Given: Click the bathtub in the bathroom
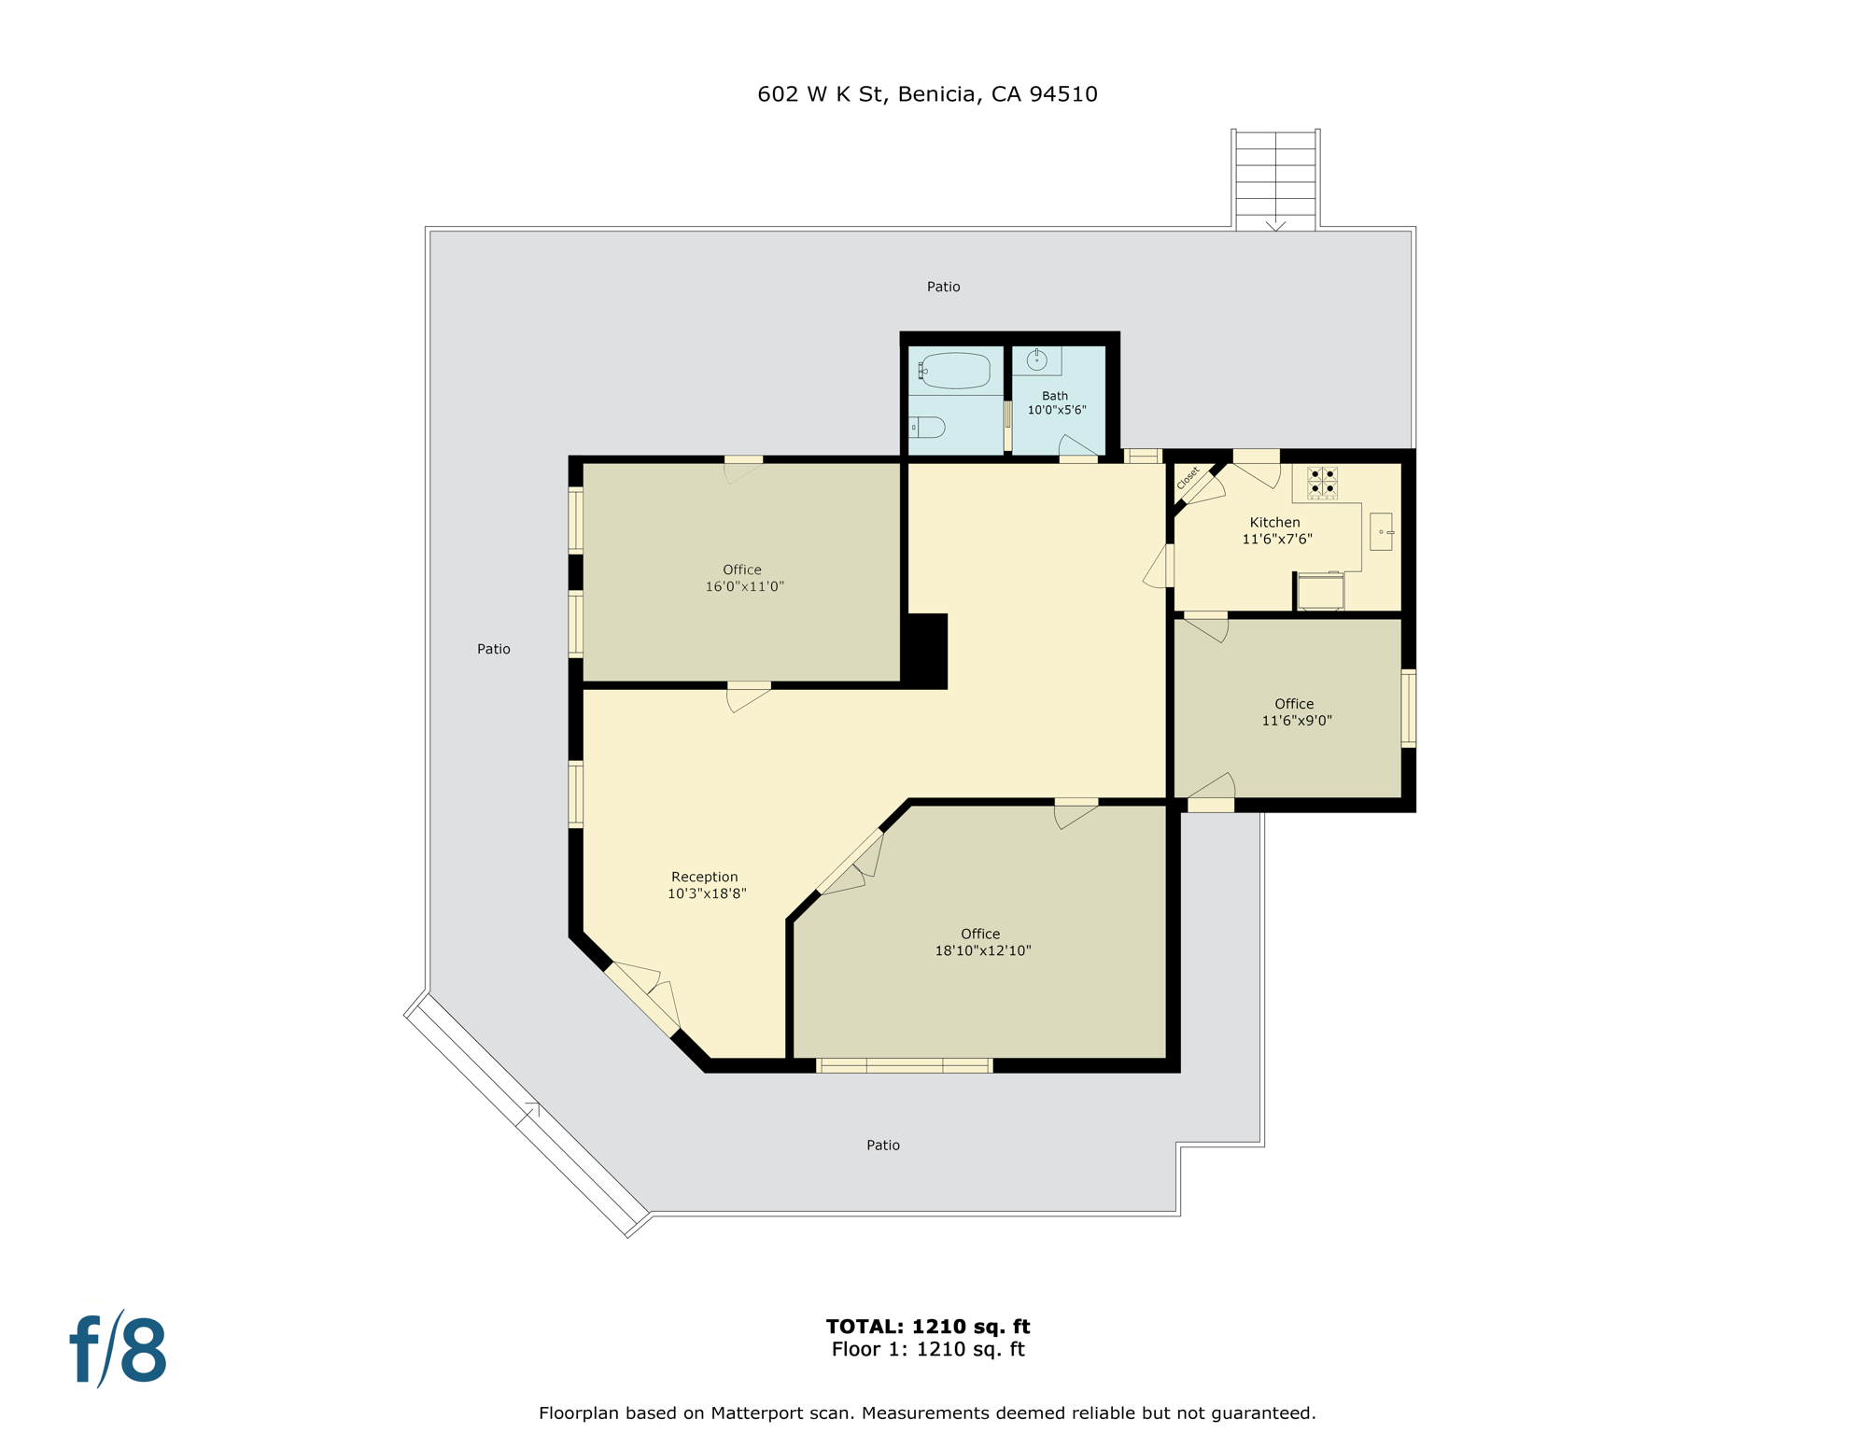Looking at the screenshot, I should [x=955, y=371].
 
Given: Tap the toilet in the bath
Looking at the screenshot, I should [x=928, y=428].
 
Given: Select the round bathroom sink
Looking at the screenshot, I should [x=1036, y=360].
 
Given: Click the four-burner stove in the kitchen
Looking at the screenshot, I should [x=1322, y=482].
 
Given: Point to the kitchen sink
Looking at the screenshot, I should [x=1381, y=531].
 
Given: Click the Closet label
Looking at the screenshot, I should [x=1188, y=478].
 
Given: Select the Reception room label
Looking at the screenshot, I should [x=705, y=877].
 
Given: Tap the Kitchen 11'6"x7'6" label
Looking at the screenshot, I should [x=1275, y=530].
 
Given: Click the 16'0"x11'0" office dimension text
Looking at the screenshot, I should [x=744, y=586].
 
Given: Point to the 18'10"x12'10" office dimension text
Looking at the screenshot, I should [x=982, y=950].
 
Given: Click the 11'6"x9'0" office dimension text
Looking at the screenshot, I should [x=1296, y=720].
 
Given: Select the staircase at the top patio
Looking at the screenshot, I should [x=1275, y=179].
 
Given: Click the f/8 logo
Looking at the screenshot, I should [x=119, y=1350].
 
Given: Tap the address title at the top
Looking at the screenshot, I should [x=927, y=94].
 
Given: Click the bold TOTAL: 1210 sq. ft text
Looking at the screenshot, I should [x=927, y=1326].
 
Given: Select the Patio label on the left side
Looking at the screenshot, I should [x=494, y=649].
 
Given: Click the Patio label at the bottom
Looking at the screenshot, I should [x=882, y=1145].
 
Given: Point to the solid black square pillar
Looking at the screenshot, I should [x=926, y=650].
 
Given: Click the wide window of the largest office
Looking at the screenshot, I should [x=904, y=1065].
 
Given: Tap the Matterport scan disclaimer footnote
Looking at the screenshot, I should [x=927, y=1413].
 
